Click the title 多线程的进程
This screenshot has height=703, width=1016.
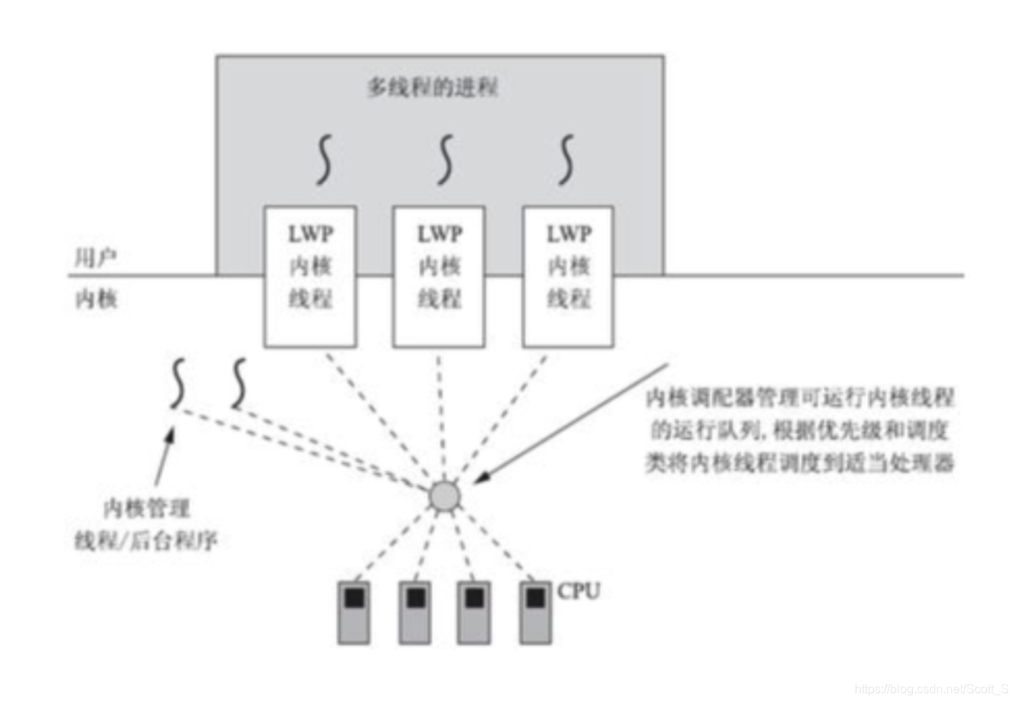click(433, 87)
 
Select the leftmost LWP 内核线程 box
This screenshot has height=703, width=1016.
click(310, 275)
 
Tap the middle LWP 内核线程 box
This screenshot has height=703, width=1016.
click(439, 275)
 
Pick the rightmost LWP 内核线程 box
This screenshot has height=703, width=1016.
click(568, 275)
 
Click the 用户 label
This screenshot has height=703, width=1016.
click(95, 258)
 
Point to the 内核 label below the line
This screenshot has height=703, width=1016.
click(95, 298)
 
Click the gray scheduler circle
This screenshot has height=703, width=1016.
click(444, 496)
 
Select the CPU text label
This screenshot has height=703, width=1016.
click(579, 591)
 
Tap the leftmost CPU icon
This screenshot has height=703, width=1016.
click(354, 611)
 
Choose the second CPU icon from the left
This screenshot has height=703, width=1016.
click(414, 611)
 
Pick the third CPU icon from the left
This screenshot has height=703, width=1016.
click(474, 611)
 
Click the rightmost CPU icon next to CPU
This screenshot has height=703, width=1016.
click(535, 611)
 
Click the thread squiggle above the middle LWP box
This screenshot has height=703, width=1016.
click(445, 159)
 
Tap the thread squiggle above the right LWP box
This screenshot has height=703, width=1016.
click(566, 159)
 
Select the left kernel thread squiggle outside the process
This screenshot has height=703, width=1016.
click(178, 382)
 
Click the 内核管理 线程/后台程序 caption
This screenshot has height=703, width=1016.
click(146, 525)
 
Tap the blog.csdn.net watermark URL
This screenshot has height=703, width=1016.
click(931, 688)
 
